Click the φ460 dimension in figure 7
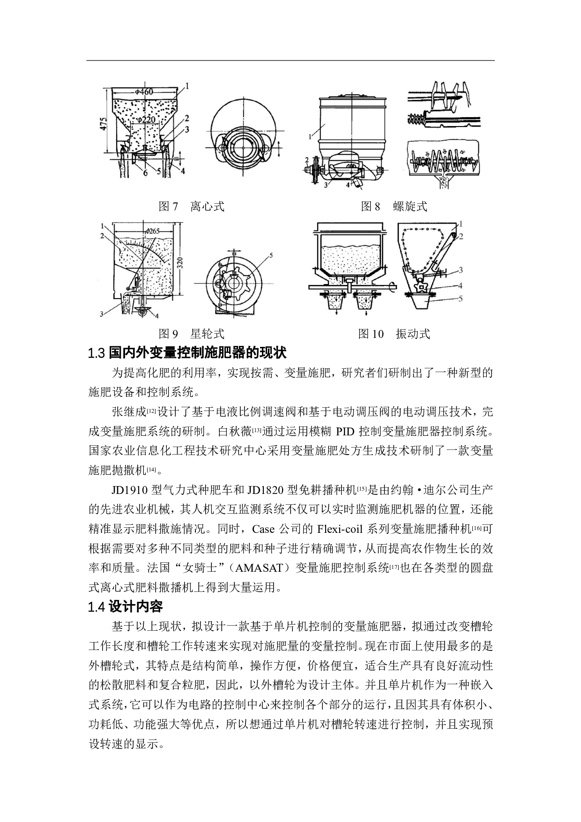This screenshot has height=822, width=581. tap(144, 92)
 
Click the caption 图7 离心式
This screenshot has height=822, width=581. tap(191, 206)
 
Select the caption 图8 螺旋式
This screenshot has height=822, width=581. tap(394, 206)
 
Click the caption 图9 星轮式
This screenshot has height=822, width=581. tap(191, 334)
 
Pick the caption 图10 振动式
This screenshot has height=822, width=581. tap(394, 334)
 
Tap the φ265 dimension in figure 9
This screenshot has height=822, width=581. tap(153, 231)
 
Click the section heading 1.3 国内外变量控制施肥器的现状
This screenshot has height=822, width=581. tap(187, 352)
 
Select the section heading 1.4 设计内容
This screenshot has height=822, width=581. tap(125, 607)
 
